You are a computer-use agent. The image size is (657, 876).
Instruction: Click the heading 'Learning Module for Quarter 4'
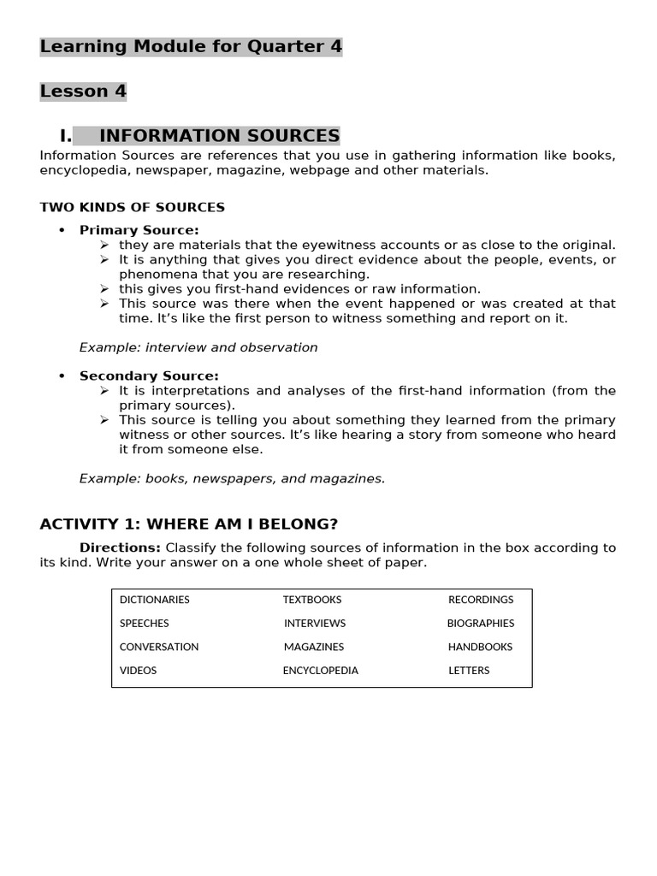pyautogui.click(x=191, y=47)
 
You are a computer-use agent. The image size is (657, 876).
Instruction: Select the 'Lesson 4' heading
pyautogui.click(x=83, y=92)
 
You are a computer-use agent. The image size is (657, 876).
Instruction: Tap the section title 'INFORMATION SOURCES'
pyautogui.click(x=219, y=136)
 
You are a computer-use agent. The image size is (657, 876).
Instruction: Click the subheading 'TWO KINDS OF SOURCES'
pyautogui.click(x=133, y=207)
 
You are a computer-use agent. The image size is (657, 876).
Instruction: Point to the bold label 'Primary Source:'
pyautogui.click(x=139, y=230)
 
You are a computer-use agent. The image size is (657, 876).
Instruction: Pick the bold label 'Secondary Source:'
pyautogui.click(x=149, y=376)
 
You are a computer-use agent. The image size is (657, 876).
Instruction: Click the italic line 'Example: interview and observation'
pyautogui.click(x=198, y=347)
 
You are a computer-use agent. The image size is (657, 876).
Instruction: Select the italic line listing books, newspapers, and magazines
pyautogui.click(x=232, y=478)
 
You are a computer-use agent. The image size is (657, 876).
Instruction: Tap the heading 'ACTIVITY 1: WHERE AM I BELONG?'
pyautogui.click(x=189, y=524)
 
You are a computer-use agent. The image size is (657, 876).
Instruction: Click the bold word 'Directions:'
pyautogui.click(x=120, y=547)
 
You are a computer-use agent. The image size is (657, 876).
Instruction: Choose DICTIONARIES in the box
pyautogui.click(x=155, y=600)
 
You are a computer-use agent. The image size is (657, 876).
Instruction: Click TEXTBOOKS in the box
pyautogui.click(x=312, y=600)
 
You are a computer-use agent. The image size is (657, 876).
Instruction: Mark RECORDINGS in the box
pyautogui.click(x=481, y=600)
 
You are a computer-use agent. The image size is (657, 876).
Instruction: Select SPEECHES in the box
pyautogui.click(x=145, y=624)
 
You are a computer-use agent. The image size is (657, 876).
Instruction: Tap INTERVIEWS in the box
pyautogui.click(x=315, y=624)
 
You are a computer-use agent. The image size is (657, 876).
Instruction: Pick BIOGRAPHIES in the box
pyautogui.click(x=481, y=624)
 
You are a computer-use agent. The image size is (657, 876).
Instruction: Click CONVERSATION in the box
pyautogui.click(x=159, y=647)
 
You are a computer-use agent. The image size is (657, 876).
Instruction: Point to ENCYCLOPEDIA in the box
pyautogui.click(x=321, y=671)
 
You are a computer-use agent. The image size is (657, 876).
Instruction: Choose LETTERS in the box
pyautogui.click(x=469, y=671)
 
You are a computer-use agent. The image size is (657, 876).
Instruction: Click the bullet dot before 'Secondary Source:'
pyautogui.click(x=62, y=376)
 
